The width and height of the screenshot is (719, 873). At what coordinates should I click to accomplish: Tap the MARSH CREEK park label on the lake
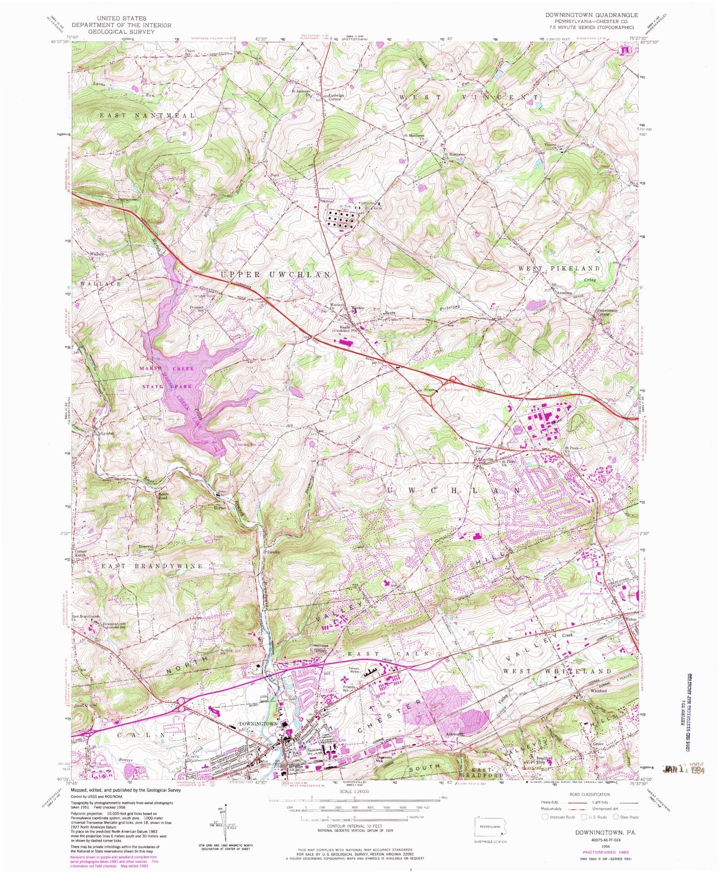166,368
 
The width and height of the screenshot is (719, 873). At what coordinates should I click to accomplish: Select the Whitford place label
598,691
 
